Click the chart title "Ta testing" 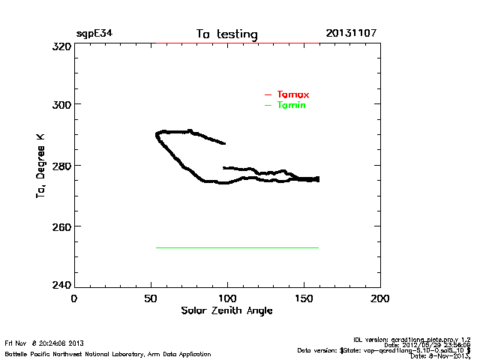coord(226,34)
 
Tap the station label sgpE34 coord(94,34)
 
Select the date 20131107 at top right coord(351,34)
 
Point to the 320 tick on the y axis coord(61,46)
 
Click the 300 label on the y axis coord(61,104)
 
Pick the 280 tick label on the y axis coord(61,165)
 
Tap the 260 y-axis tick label coord(61,226)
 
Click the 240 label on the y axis coord(61,286)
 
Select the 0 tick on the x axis coord(73,298)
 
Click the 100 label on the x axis coord(227,298)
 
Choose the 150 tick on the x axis coord(304,298)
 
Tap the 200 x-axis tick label coord(380,298)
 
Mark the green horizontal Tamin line coord(237,247)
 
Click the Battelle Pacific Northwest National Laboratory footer coord(108,353)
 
